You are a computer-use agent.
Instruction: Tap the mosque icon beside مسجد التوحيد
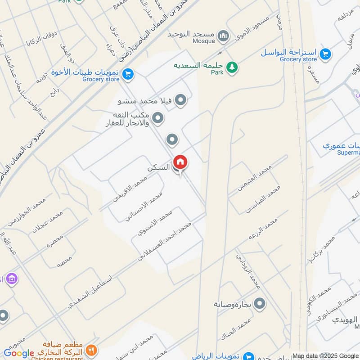(x=222, y=35)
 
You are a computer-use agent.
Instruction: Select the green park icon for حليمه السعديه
(x=232, y=67)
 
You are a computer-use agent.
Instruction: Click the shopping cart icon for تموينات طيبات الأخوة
(x=128, y=74)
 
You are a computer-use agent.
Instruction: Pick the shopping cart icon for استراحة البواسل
(x=325, y=54)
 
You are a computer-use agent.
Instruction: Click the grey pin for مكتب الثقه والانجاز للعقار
(x=158, y=118)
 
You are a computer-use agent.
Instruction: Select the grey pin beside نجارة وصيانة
(x=259, y=305)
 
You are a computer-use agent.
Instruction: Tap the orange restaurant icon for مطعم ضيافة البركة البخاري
(x=92, y=349)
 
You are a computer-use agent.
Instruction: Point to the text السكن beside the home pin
(x=159, y=167)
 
